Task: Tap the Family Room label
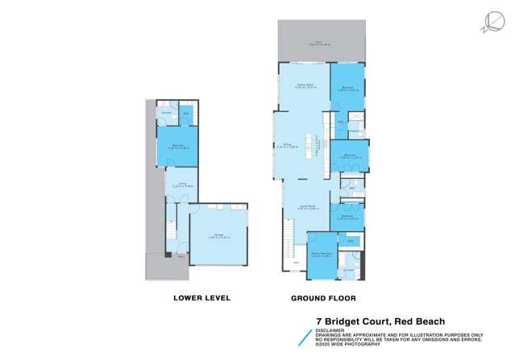pyautogui.click(x=304, y=84)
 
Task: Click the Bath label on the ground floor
pyautogui.click(x=342, y=188)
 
